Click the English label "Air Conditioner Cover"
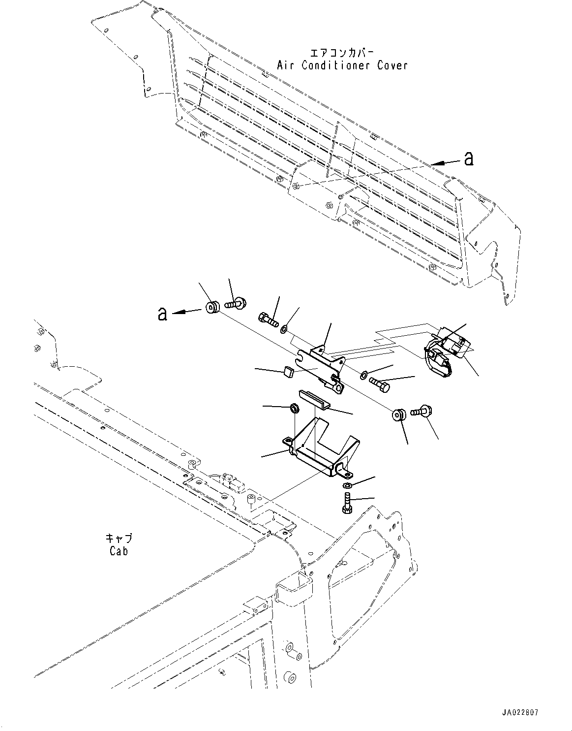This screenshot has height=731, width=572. pos(342,65)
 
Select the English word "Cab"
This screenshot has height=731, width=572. pos(119,551)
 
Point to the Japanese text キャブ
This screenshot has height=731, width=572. pos(119,539)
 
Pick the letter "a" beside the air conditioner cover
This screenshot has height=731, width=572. pos(469,159)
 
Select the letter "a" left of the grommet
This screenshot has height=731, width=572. pos(162,313)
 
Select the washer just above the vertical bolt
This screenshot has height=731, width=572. pos(347,486)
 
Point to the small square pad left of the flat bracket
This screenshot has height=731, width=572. pos(289,373)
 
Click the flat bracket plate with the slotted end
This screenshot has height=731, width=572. pos(320,364)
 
